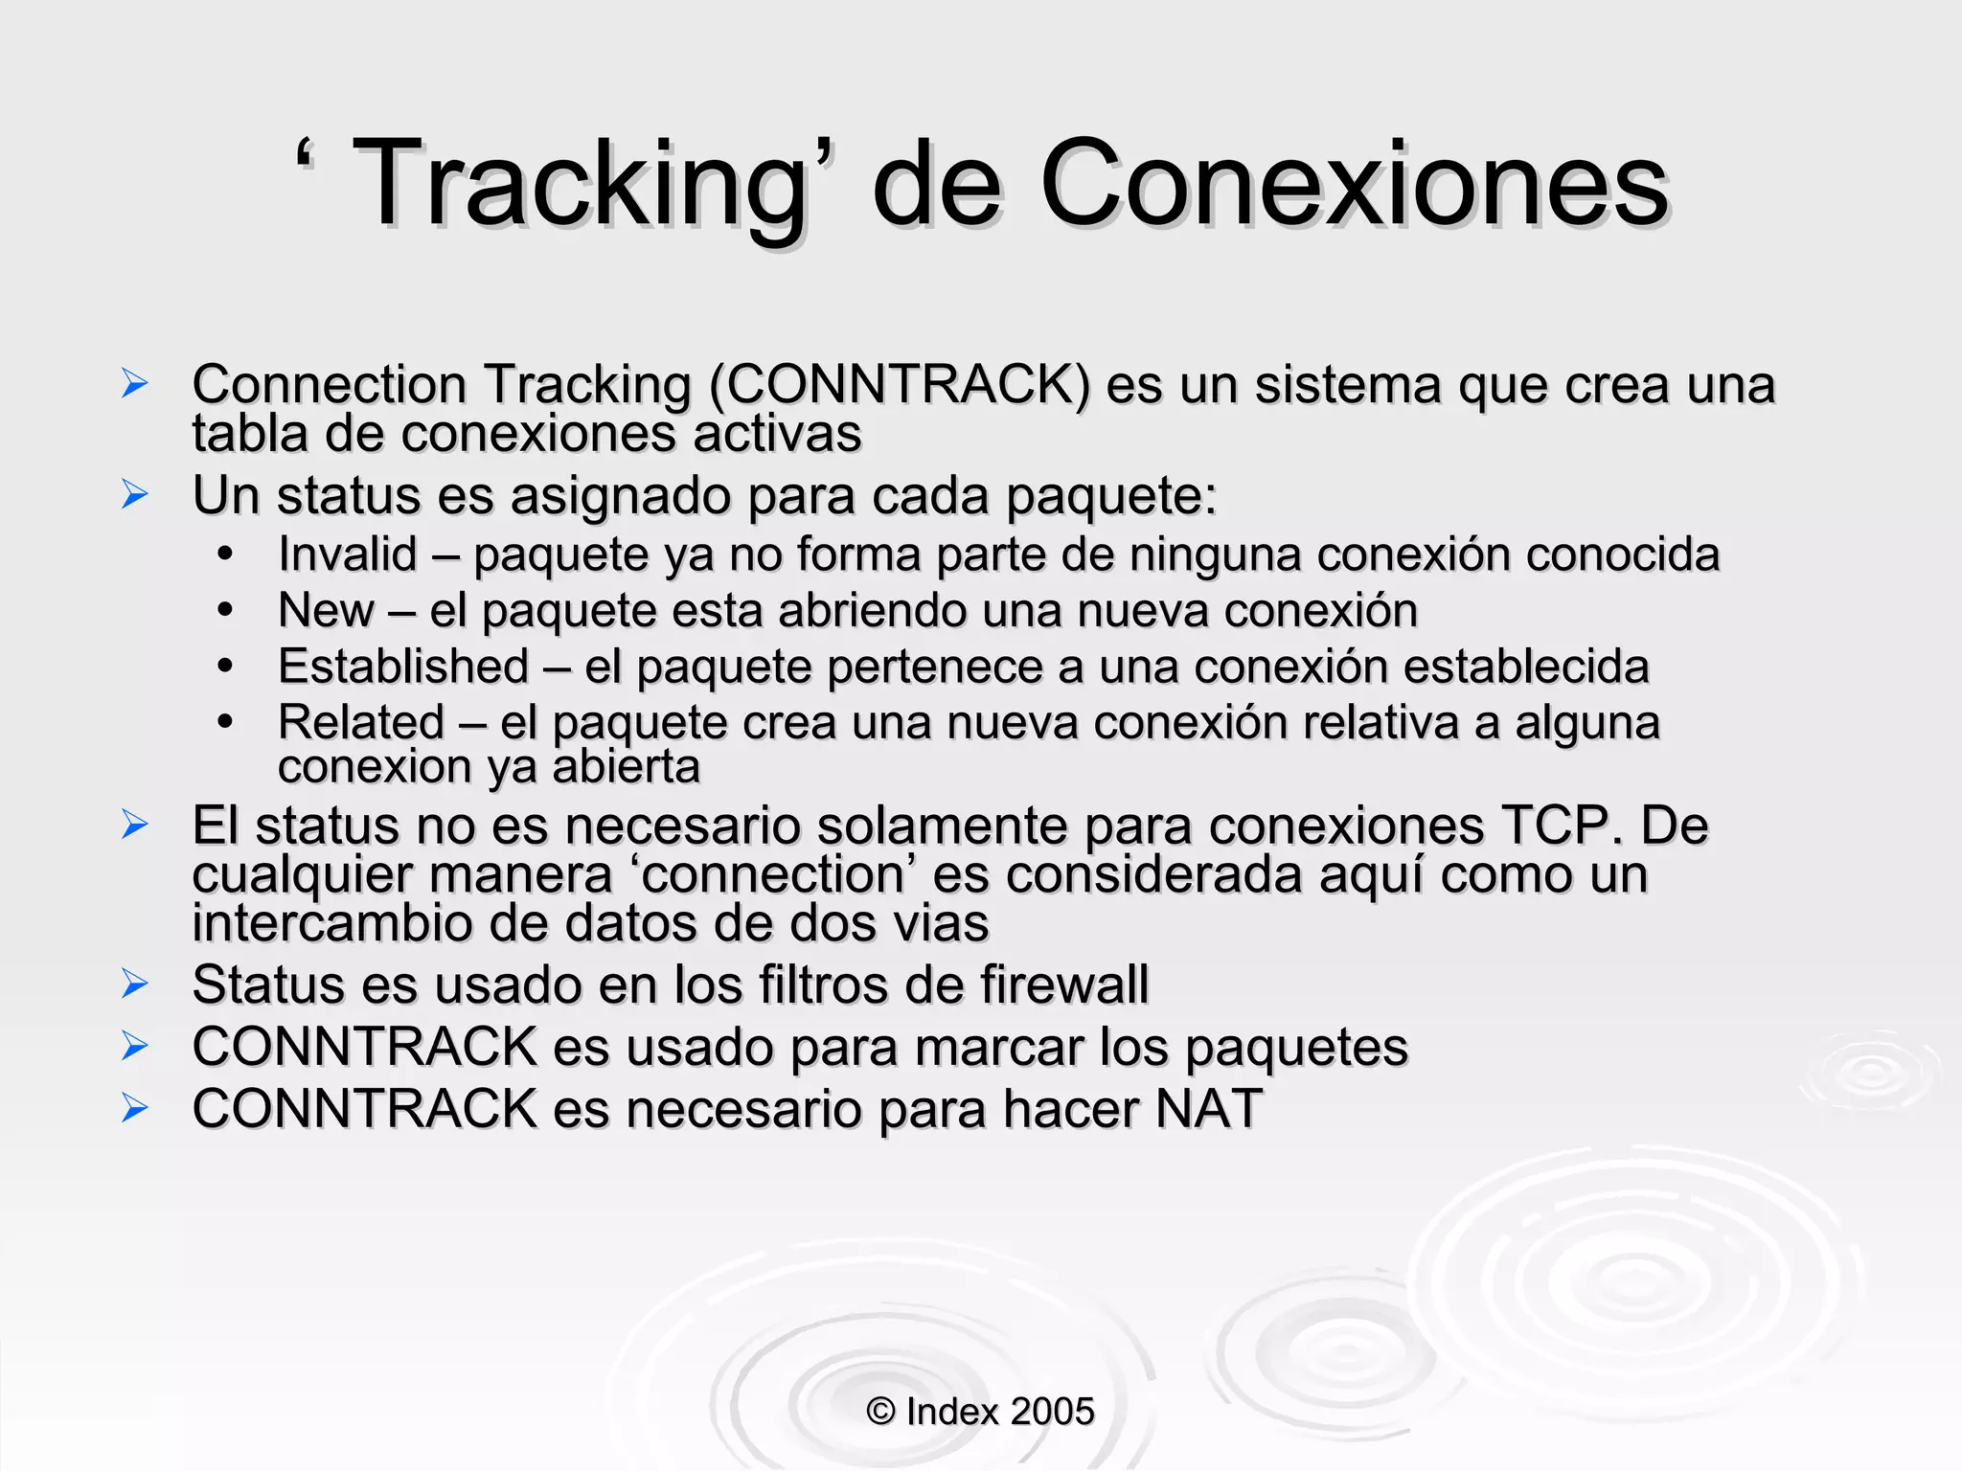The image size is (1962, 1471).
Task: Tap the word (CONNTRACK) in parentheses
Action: [899, 385]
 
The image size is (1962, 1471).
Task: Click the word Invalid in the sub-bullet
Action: [348, 554]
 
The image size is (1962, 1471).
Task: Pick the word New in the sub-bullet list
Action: [325, 611]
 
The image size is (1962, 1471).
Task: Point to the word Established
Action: [403, 667]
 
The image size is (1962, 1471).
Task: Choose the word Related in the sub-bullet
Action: [361, 722]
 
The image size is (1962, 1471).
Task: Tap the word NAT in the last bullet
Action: [1208, 1109]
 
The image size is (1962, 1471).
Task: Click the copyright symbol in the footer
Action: [880, 1412]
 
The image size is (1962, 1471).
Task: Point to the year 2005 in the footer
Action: [1051, 1412]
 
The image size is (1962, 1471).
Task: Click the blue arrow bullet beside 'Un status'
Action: [135, 495]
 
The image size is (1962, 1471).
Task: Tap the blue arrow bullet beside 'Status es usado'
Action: [135, 984]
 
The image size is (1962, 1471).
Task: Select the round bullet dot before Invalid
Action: [225, 554]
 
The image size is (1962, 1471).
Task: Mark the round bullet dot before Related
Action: [225, 721]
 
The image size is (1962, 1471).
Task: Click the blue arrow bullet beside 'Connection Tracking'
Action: [135, 384]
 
